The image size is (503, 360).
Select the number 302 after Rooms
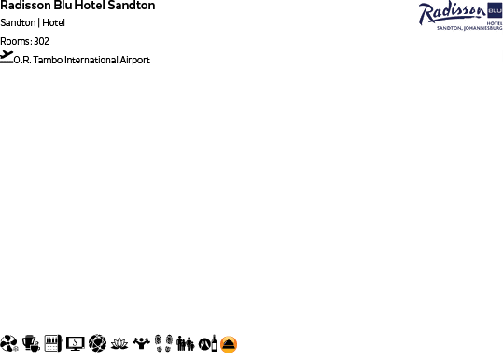coord(41,41)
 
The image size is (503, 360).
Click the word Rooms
coord(15,41)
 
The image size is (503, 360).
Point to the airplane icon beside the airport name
coord(7,57)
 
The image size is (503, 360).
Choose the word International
coord(91,60)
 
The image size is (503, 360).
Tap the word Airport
coord(135,60)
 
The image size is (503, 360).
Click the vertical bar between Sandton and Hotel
coord(38,22)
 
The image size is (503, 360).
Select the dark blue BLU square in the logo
coord(494,10)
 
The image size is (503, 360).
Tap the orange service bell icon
coord(229,343)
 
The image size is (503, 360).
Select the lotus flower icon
coord(119,343)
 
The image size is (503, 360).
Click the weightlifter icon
coord(141,343)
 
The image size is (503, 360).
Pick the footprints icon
coord(162,343)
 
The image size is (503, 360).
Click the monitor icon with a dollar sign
coord(76,343)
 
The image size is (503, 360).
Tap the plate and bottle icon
coord(207,343)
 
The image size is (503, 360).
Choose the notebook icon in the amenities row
coord(53,343)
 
